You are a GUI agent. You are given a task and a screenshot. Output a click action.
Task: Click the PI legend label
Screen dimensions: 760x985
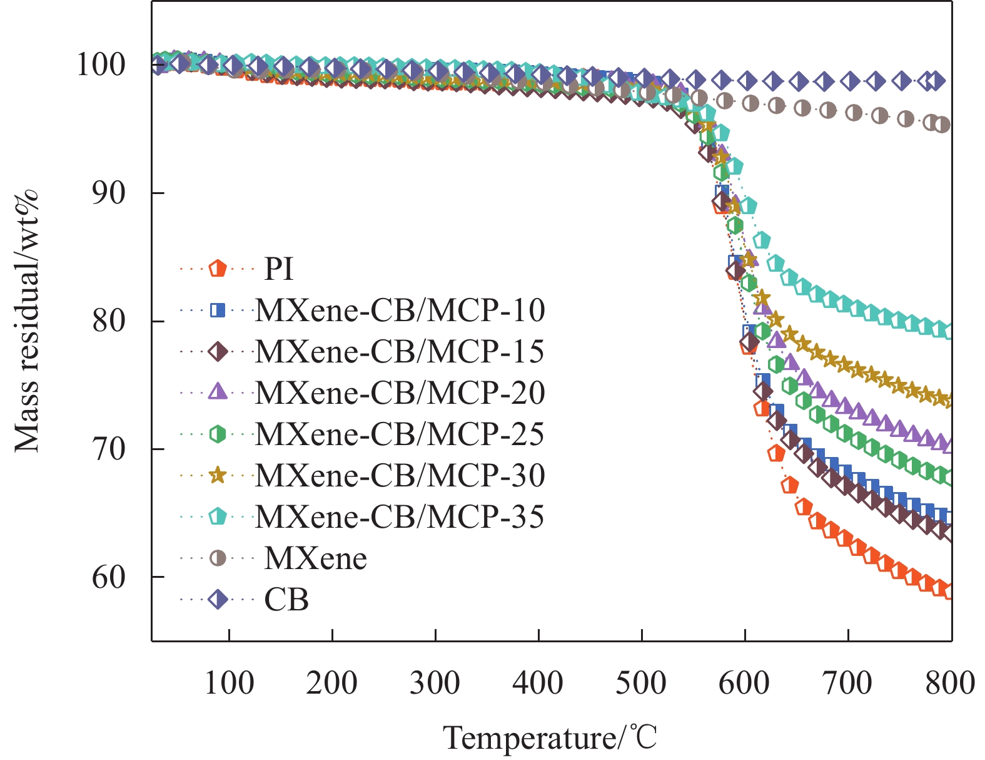pyautogui.click(x=279, y=269)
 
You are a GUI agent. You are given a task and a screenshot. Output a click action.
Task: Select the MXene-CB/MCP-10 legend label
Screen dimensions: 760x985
pyautogui.click(x=400, y=310)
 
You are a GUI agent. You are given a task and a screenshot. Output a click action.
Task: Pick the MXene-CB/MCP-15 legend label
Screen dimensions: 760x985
pyautogui.click(x=400, y=352)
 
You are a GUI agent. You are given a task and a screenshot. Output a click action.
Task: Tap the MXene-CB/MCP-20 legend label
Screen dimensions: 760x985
pyautogui.click(x=400, y=393)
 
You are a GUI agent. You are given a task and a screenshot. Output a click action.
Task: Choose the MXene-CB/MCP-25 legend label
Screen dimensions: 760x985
pyautogui.click(x=400, y=434)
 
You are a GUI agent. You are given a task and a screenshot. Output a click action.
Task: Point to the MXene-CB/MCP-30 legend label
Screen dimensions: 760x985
pyautogui.click(x=400, y=476)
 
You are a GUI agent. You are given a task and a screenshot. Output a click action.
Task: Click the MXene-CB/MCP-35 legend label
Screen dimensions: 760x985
pyautogui.click(x=400, y=516)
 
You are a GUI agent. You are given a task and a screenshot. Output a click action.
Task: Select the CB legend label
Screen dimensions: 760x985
pyautogui.click(x=286, y=600)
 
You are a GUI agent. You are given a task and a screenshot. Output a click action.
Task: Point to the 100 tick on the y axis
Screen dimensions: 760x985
pyautogui.click(x=101, y=64)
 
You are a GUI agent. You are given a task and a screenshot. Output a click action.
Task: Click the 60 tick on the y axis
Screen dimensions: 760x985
pyautogui.click(x=109, y=577)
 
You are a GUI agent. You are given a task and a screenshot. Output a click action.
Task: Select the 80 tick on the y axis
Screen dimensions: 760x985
pyautogui.click(x=109, y=321)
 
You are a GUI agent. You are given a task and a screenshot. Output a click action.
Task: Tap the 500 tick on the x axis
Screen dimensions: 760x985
pyautogui.click(x=641, y=682)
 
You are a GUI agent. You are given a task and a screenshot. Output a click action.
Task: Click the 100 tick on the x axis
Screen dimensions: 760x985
pyautogui.click(x=230, y=682)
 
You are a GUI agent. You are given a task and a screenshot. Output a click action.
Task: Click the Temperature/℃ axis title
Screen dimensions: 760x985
pyautogui.click(x=550, y=737)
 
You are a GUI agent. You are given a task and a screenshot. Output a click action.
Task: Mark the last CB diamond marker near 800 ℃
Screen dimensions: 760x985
pyautogui.click(x=935, y=81)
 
